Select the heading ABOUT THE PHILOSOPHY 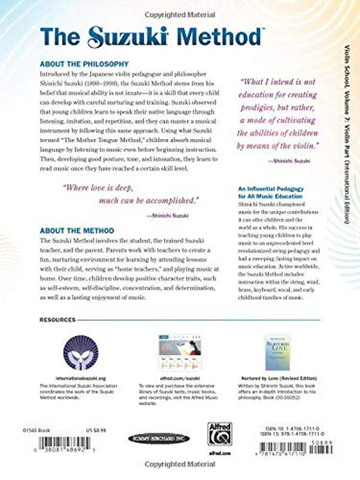[85, 64]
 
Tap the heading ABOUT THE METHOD [77, 230]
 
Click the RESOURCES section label [58, 320]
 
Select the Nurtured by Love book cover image [277, 352]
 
